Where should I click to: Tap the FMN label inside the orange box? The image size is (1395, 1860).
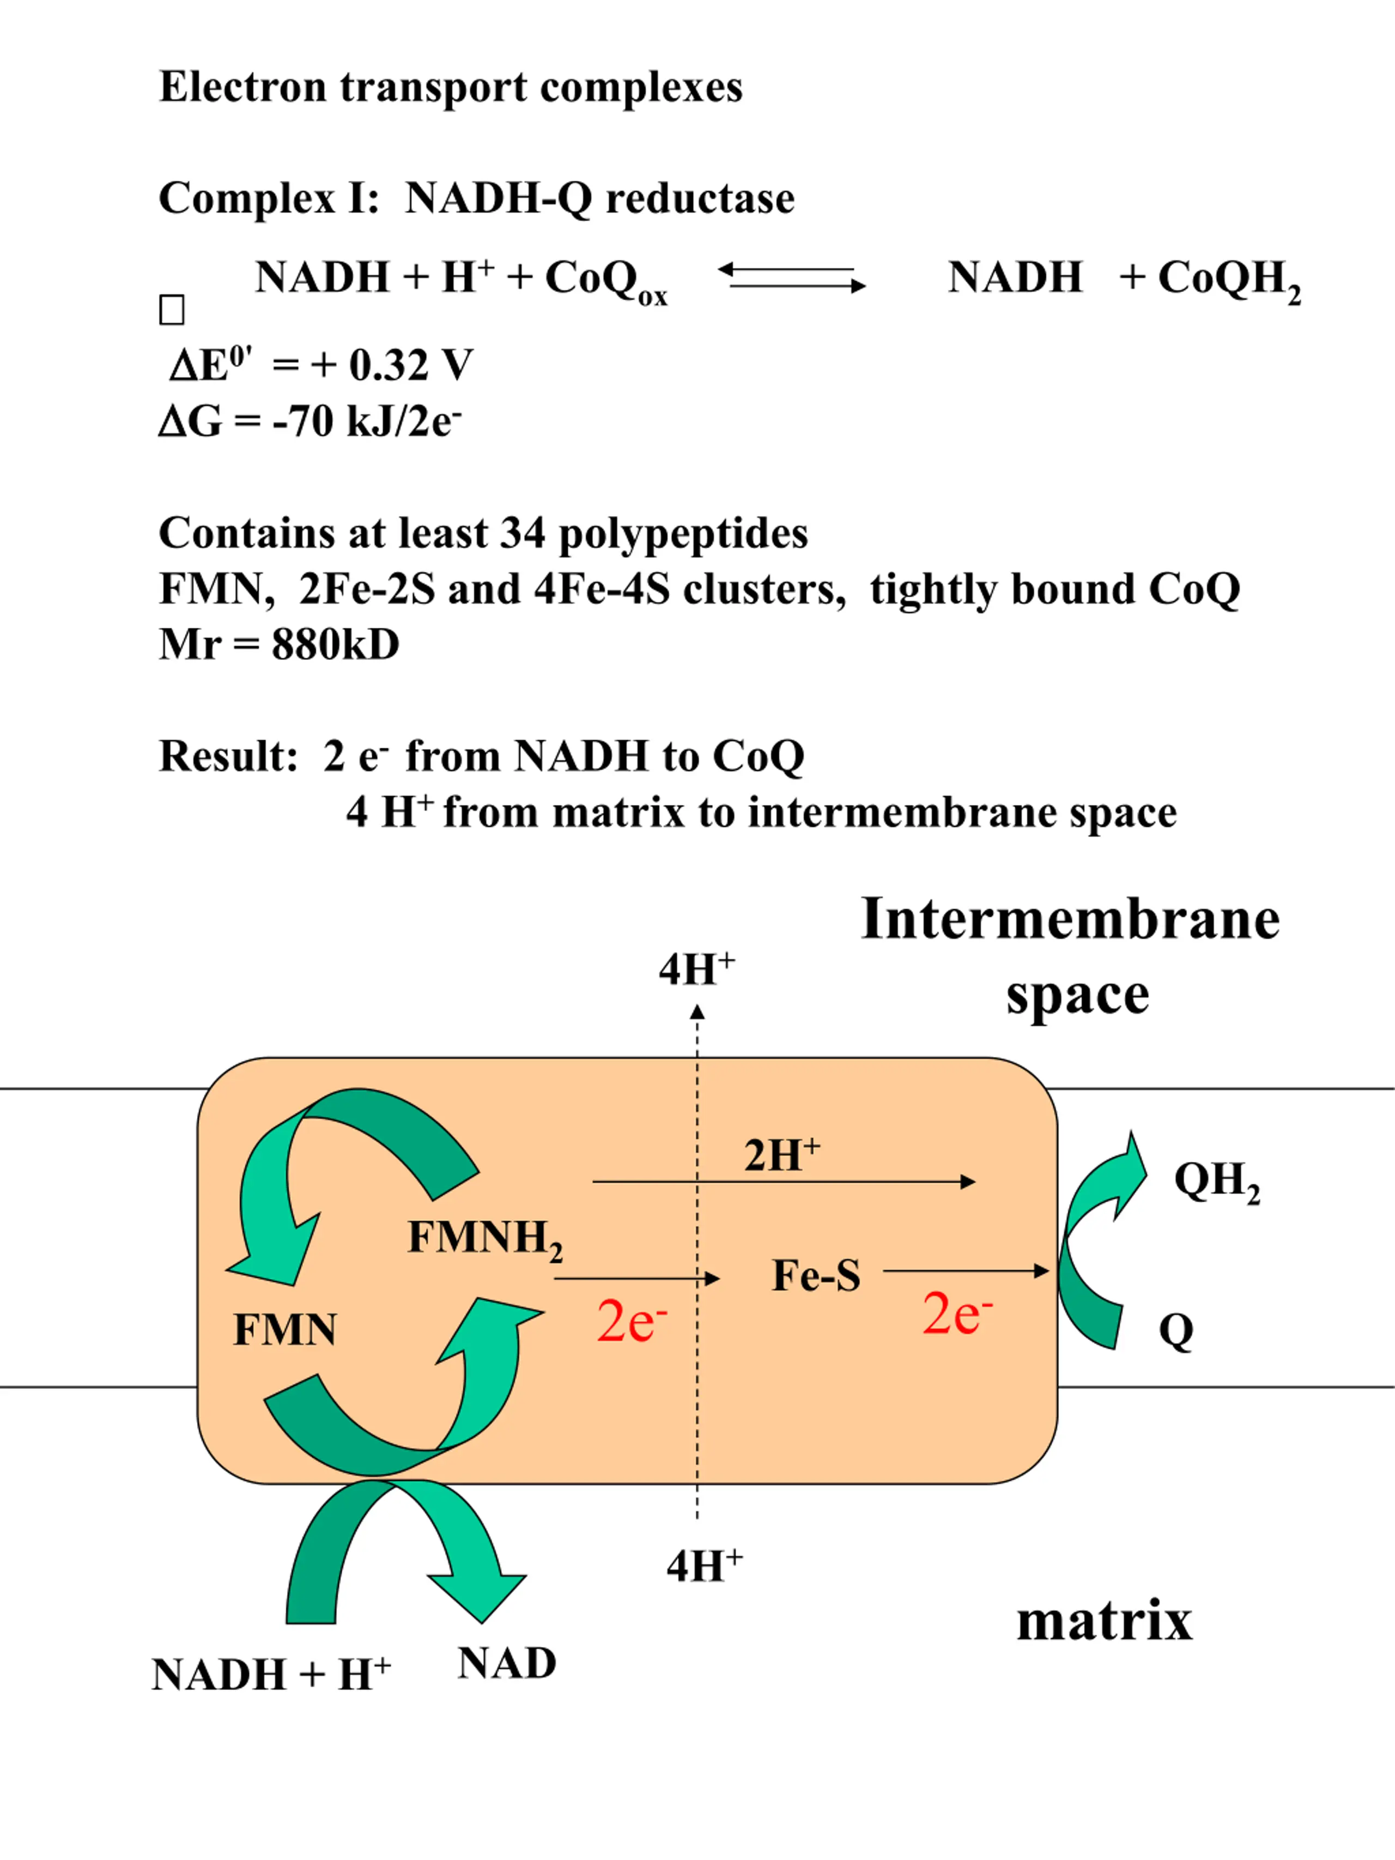tap(285, 1330)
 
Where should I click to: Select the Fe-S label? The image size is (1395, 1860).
tap(816, 1276)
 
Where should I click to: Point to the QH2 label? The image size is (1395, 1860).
tap(1217, 1182)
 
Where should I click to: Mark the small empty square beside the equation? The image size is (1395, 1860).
tap(172, 310)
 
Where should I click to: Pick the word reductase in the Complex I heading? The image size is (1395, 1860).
tap(700, 198)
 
